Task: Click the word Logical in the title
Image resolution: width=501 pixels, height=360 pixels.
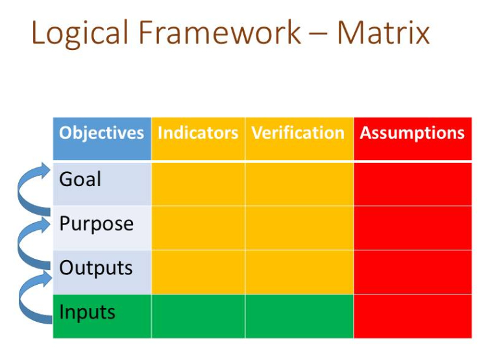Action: click(80, 34)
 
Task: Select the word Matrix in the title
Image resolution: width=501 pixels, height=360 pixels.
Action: click(384, 32)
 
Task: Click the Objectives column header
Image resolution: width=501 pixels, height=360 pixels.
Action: click(102, 133)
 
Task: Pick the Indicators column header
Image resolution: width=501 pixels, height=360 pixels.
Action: click(198, 132)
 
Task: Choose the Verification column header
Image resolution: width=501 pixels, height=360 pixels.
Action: click(298, 132)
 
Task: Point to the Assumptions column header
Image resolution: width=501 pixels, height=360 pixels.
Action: click(412, 133)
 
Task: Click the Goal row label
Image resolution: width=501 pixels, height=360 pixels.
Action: click(80, 179)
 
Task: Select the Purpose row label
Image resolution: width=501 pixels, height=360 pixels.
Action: click(97, 224)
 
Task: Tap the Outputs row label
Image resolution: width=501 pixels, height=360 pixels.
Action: click(96, 268)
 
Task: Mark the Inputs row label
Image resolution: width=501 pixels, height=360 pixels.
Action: click(87, 312)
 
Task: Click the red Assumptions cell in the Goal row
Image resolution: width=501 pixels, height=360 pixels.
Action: click(413, 184)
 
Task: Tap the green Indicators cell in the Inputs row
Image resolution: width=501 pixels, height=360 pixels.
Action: click(198, 317)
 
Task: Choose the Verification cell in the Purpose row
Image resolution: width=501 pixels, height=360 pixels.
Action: click(299, 228)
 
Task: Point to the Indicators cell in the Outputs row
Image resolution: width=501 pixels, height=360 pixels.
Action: click(198, 272)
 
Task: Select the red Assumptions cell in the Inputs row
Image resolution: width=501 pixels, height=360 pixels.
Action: click(413, 317)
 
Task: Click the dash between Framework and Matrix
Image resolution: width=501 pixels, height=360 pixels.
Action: click(319, 33)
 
